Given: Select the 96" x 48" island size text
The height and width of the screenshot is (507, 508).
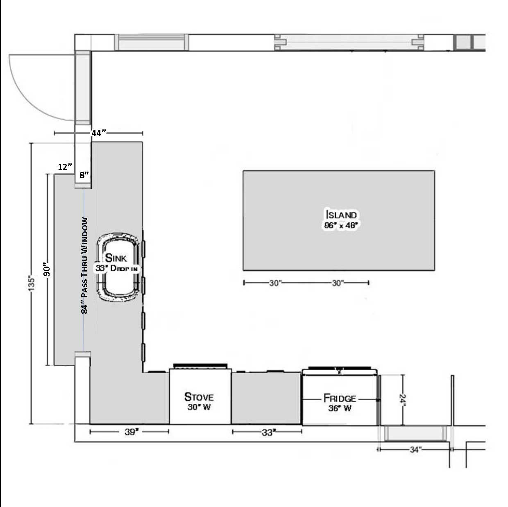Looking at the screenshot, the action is click(x=341, y=225).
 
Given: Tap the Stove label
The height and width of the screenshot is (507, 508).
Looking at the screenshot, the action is click(x=199, y=397).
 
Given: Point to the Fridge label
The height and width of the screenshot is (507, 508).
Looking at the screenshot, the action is click(x=340, y=398).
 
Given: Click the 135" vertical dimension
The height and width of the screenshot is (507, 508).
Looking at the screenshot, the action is click(x=31, y=283).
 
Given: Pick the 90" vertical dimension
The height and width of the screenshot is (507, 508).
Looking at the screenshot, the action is click(x=47, y=269).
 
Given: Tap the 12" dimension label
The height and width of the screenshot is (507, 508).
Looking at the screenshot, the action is click(x=65, y=167).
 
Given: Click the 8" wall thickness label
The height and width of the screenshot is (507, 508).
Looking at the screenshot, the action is click(x=84, y=175).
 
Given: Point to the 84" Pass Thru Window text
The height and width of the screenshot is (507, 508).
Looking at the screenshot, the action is click(x=84, y=265).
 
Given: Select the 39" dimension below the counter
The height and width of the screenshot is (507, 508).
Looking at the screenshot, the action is click(x=132, y=432).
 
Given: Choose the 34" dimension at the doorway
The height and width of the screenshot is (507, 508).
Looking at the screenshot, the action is click(x=415, y=449).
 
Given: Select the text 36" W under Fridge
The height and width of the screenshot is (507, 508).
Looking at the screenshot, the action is click(x=340, y=408).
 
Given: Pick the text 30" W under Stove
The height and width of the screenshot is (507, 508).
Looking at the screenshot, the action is click(x=199, y=407).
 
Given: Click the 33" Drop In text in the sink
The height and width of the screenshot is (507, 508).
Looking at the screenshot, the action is click(x=116, y=268).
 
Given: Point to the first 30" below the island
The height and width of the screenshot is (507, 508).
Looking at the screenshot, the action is click(x=275, y=283).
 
